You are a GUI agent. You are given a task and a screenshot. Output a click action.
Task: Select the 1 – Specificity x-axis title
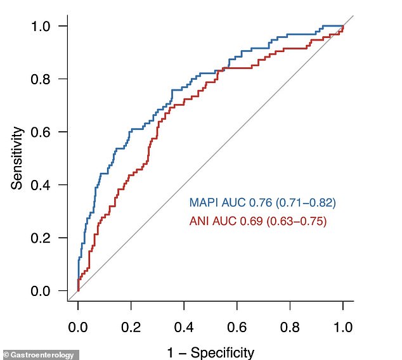point(210,352)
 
